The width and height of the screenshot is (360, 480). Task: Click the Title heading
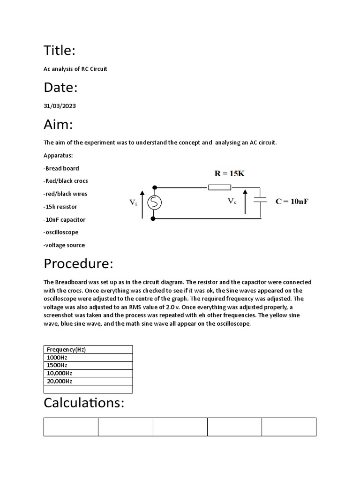[x=60, y=50]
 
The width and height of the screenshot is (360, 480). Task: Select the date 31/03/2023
[x=60, y=106]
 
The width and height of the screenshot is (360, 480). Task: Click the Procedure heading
[x=78, y=263]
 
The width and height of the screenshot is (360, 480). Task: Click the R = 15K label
[x=229, y=173]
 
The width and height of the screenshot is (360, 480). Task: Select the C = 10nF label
[x=292, y=202]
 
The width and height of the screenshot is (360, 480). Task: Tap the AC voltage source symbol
[x=154, y=202]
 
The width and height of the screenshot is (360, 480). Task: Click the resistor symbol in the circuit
[x=219, y=187]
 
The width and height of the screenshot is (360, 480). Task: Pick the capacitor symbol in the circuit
[x=260, y=200]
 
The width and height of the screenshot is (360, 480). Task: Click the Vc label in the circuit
[x=232, y=201]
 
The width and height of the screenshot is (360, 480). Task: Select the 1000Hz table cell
[x=57, y=357]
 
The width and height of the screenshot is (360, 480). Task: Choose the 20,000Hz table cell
[x=60, y=381]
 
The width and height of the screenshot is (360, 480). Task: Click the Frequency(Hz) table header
[x=66, y=349]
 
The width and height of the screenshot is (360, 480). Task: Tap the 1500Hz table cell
[x=57, y=365]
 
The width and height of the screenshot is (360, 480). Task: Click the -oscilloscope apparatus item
[x=61, y=232]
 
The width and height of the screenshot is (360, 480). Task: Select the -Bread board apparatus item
[x=61, y=168]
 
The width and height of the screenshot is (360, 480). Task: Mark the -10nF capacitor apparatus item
[x=64, y=219]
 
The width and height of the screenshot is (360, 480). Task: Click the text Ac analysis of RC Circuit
[x=75, y=69]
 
